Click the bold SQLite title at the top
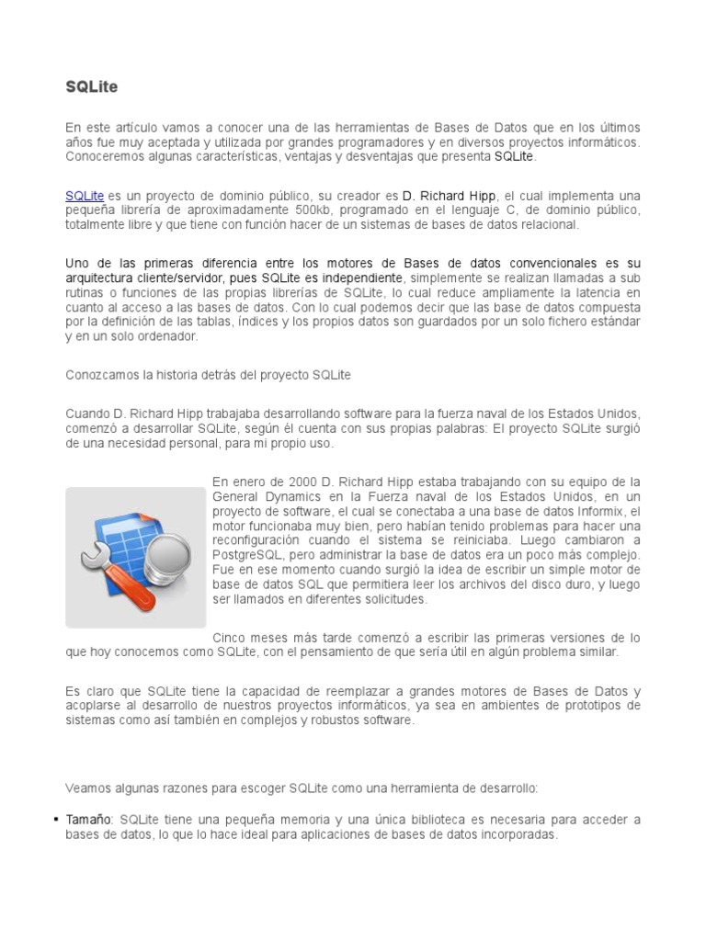(x=92, y=87)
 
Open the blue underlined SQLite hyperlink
(x=85, y=197)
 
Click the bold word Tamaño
(x=88, y=819)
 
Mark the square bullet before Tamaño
(x=56, y=819)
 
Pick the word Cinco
(x=230, y=637)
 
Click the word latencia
(x=589, y=291)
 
